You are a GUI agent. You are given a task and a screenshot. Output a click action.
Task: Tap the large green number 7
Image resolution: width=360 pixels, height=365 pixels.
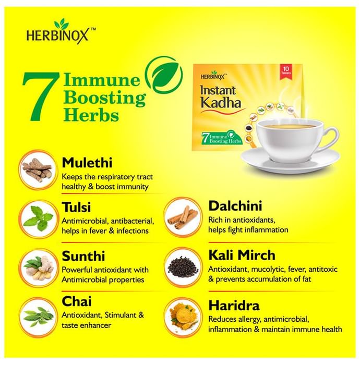coord(41,96)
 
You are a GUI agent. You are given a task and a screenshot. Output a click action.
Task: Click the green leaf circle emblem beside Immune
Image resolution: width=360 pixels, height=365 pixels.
coord(164,75)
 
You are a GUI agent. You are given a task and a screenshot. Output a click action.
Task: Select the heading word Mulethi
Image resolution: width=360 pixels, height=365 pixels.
coord(87,163)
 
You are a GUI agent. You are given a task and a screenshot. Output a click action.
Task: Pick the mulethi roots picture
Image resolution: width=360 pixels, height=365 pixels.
coord(38,169)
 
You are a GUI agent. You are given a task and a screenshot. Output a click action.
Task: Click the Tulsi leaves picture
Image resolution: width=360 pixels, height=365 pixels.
coord(38,219)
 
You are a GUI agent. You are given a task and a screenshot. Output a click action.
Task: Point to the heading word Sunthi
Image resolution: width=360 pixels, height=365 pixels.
coord(83,256)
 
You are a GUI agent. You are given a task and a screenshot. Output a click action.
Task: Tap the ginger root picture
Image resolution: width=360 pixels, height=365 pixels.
coord(38,268)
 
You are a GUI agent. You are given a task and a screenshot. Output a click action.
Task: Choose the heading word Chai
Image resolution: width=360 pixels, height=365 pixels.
coord(77,301)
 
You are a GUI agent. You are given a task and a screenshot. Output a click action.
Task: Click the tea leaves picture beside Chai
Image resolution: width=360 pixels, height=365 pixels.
coord(38,317)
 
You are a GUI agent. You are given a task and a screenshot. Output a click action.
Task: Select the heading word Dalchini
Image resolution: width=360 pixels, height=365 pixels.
coord(235,206)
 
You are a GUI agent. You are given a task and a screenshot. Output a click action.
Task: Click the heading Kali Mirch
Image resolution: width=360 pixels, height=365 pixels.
coord(242,255)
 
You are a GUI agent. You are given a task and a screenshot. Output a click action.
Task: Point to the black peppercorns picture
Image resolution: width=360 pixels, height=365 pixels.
coord(183,267)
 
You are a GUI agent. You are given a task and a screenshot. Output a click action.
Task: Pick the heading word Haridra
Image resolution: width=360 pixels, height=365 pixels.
coord(234,306)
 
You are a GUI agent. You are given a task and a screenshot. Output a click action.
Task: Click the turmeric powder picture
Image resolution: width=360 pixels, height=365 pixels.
coord(183,317)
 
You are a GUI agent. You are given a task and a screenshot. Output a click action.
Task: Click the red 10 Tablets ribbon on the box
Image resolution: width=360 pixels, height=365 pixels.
coord(286,71)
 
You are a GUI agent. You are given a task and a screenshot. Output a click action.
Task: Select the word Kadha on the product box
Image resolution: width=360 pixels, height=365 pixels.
coord(221,102)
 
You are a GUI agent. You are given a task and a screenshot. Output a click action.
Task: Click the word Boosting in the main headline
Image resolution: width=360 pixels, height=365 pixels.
coord(105,99)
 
